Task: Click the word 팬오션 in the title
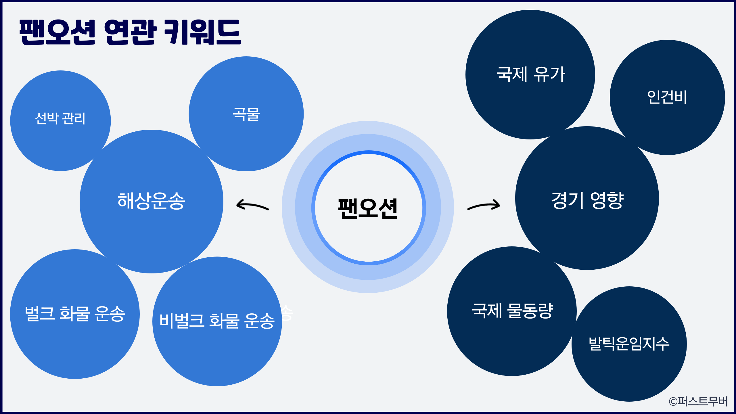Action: (57, 32)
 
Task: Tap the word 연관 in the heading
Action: (130, 32)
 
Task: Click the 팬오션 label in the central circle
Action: (368, 208)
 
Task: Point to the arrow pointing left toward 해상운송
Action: (252, 205)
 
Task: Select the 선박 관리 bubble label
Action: (60, 118)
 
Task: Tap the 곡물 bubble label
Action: (246, 114)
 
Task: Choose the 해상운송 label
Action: (151, 201)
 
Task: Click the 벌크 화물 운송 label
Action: (75, 313)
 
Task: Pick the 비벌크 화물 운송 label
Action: (217, 321)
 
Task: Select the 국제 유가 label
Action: (531, 74)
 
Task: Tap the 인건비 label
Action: (667, 97)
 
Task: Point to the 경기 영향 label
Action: (587, 200)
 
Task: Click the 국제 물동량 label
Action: (513, 311)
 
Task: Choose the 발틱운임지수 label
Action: (629, 344)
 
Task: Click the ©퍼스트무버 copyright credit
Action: (698, 401)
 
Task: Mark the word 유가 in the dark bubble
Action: (549, 74)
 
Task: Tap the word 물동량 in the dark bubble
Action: (530, 311)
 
